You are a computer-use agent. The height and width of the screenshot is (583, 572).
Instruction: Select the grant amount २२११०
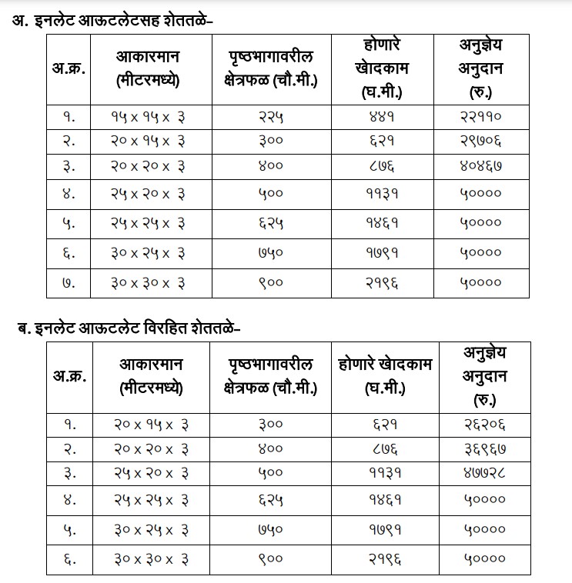[480, 117]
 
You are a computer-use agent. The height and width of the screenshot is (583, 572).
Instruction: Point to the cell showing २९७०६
[480, 142]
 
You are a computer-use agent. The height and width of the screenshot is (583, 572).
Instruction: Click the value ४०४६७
[480, 165]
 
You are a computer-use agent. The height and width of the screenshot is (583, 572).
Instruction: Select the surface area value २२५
[266, 117]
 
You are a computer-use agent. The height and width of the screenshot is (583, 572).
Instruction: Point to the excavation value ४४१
[382, 117]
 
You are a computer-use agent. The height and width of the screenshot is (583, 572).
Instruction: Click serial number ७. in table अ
[69, 282]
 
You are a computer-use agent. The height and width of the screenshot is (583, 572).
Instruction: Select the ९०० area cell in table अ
[266, 282]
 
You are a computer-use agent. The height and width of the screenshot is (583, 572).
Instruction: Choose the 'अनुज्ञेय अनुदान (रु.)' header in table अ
[480, 68]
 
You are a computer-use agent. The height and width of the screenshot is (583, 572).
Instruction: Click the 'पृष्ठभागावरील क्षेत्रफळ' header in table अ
[273, 68]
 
